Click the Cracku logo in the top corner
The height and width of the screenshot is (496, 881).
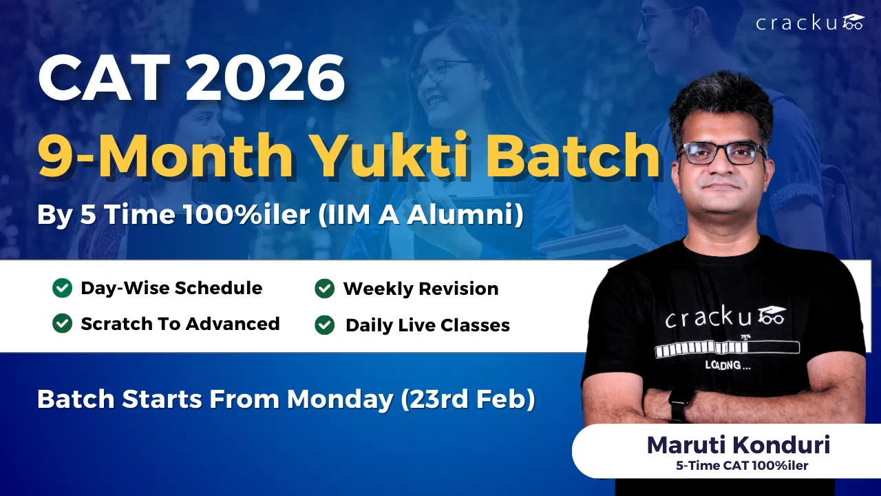tap(809, 23)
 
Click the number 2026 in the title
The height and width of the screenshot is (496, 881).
tap(265, 80)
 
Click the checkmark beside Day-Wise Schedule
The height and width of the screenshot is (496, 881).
tap(62, 288)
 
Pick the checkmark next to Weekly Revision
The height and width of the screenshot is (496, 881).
tap(325, 289)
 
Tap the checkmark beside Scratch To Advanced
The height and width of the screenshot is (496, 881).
tap(62, 323)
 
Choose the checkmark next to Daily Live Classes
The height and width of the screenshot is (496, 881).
tap(325, 324)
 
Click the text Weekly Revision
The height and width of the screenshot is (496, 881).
tap(421, 289)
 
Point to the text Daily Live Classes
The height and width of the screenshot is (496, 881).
tap(427, 325)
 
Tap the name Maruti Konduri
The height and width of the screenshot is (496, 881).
tap(739, 445)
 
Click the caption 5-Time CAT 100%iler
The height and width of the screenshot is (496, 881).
tap(742, 466)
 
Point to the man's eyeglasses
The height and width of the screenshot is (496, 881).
tap(721, 153)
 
